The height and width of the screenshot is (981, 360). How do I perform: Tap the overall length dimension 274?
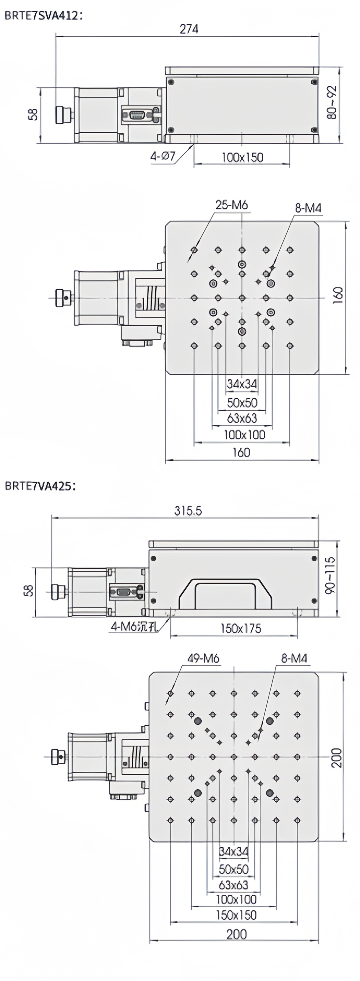[189, 29]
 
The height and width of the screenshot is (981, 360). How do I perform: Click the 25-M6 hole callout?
[232, 205]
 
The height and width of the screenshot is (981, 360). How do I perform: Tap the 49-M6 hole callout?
[203, 658]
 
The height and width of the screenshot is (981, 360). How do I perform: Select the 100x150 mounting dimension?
[242, 157]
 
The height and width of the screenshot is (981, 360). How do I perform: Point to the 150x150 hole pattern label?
[236, 915]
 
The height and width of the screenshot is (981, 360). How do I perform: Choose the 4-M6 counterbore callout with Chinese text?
[134, 627]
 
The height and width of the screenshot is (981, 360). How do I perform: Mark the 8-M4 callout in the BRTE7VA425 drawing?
[294, 658]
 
